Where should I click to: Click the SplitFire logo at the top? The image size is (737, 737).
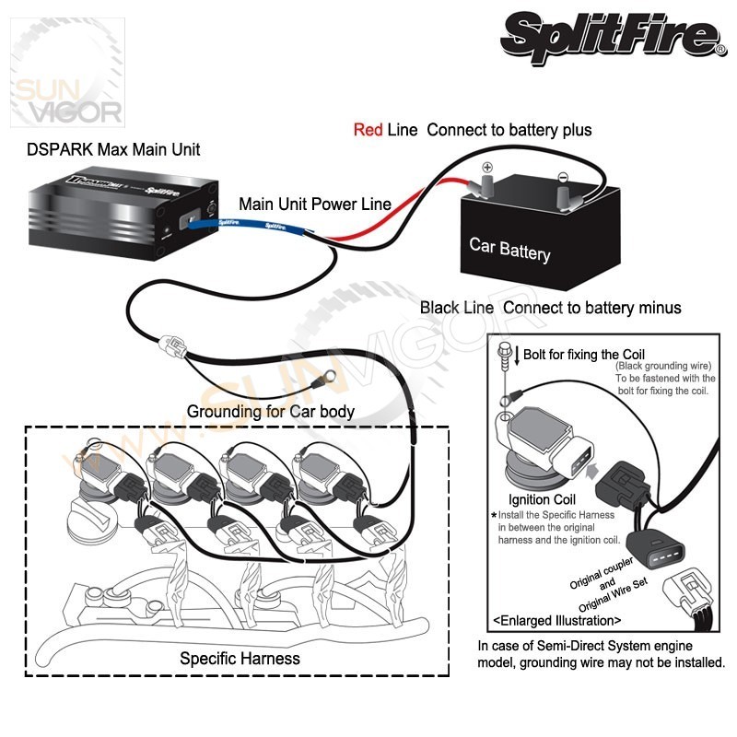point(612,37)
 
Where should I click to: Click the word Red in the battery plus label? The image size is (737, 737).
point(368,130)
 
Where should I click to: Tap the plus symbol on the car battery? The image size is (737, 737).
point(487,168)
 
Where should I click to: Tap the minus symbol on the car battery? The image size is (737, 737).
point(562,179)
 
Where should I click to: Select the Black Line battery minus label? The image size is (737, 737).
point(550,307)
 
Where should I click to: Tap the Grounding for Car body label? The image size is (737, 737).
point(271,411)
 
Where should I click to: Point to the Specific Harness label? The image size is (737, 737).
point(240,659)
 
